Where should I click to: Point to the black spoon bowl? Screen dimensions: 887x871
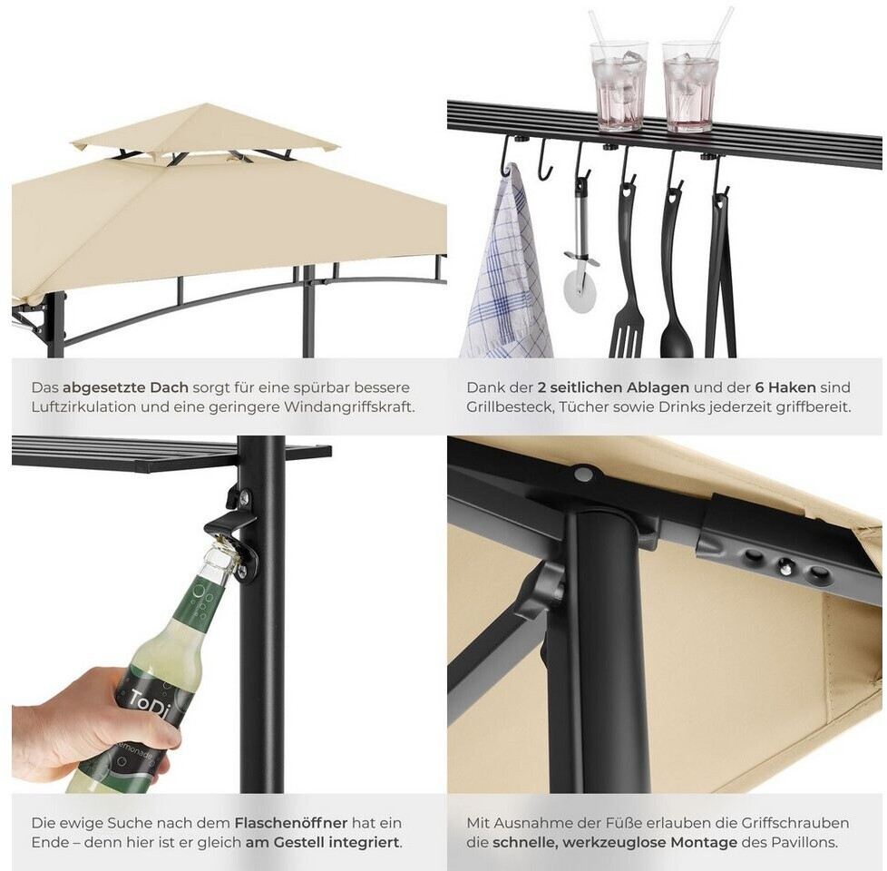point(676,338)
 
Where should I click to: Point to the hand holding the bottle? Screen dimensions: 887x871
point(91,724)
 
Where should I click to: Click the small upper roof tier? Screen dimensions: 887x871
point(205,129)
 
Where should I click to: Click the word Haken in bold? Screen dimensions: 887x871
point(791,387)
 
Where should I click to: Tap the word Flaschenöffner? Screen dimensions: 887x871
point(291,823)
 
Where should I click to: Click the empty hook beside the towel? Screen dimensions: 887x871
point(544,161)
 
